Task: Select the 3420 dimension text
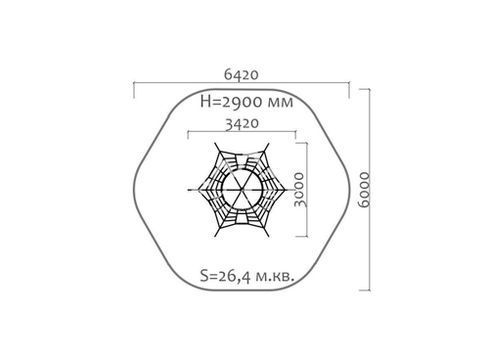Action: point(240,123)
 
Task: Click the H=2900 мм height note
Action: point(244,101)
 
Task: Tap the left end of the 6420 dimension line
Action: point(134,88)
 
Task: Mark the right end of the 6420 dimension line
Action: point(349,88)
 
